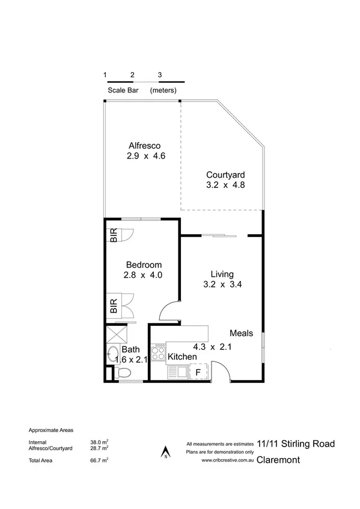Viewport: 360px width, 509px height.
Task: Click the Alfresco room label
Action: pyautogui.click(x=146, y=145)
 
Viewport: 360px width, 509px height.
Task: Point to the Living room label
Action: pyautogui.click(x=213, y=274)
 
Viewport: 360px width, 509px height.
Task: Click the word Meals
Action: pyautogui.click(x=241, y=333)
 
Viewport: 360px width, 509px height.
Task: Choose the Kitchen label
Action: pyautogui.click(x=182, y=357)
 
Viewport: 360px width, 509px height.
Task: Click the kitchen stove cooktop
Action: pyautogui.click(x=158, y=352)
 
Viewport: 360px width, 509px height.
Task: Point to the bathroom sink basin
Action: pyautogui.click(x=113, y=354)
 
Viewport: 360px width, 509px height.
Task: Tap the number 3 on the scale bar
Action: pyautogui.click(x=159, y=74)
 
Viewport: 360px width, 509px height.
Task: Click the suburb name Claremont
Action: pyautogui.click(x=280, y=460)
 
